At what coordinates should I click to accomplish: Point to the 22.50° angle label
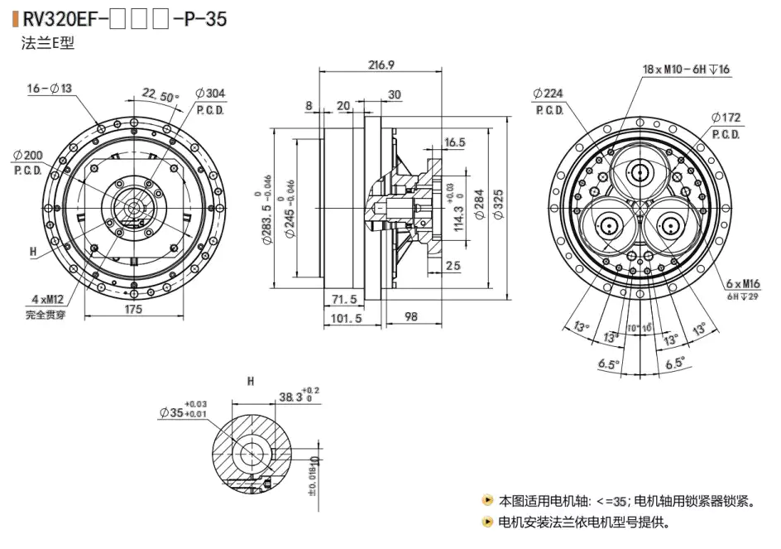[x=160, y=94]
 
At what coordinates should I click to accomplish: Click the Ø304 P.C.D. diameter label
[x=210, y=94]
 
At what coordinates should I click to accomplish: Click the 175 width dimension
[x=133, y=310]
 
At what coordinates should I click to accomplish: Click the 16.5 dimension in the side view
[x=455, y=142]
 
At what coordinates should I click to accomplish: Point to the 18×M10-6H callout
[x=686, y=69]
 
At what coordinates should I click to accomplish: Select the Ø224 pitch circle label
[x=548, y=94]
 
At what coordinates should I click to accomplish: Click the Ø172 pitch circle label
[x=725, y=118]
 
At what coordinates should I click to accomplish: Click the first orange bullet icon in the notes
[x=487, y=500]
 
